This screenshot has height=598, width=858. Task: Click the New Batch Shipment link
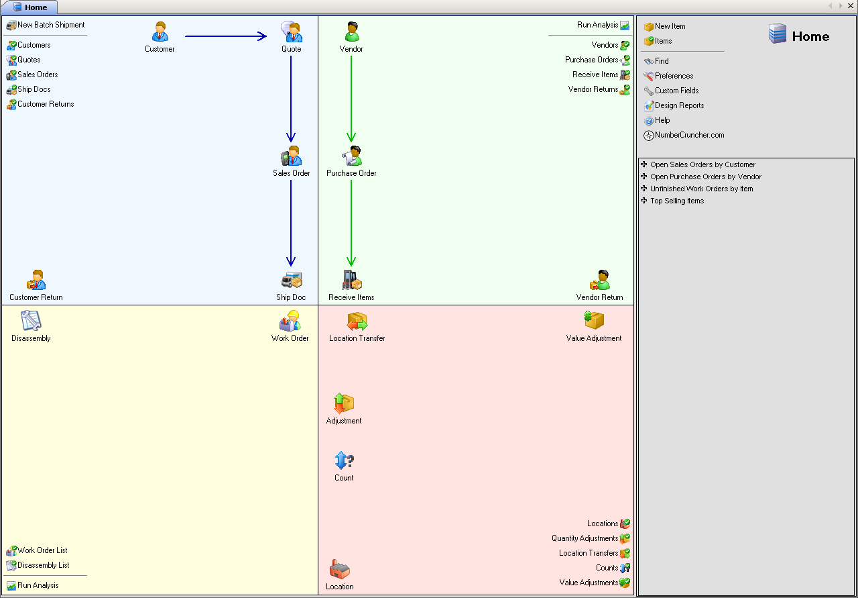coord(51,26)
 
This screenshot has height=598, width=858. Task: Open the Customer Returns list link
coord(46,105)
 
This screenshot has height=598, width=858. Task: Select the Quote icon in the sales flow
coord(292,32)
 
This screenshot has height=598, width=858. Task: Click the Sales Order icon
coord(292,156)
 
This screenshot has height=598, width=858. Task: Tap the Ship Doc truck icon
coord(292,280)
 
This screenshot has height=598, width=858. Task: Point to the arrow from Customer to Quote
coord(225,36)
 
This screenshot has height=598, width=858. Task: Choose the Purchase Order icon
coord(351,156)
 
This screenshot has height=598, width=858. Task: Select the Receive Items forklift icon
coord(351,280)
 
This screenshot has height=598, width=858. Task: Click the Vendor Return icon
coord(599,280)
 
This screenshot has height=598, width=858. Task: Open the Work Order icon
coord(290,321)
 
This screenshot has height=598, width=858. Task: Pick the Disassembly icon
coord(31,321)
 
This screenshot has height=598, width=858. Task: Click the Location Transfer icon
coord(357,321)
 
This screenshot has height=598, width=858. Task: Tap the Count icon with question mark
coord(344,461)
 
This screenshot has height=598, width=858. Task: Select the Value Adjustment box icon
coord(594,321)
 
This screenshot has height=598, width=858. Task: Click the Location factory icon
coord(340,570)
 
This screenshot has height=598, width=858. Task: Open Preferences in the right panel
coord(674,77)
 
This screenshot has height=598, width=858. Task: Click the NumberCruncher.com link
coord(689,136)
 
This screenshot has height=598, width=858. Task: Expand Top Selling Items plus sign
coord(644,201)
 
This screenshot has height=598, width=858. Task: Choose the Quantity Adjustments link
coord(585,539)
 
